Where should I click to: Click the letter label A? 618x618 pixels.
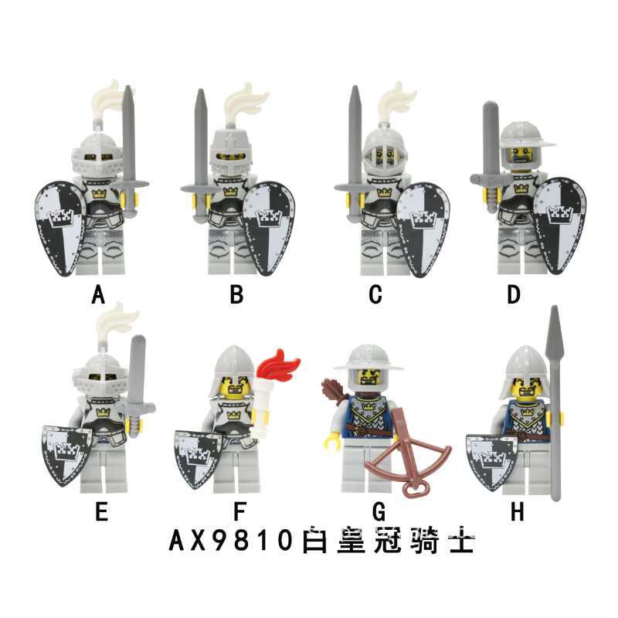coord(97,294)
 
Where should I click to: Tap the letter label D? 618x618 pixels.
coord(514,294)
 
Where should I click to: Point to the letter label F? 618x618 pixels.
coord(237,511)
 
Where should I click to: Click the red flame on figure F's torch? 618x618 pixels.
coord(284,365)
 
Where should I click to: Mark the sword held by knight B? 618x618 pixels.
coord(202,154)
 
